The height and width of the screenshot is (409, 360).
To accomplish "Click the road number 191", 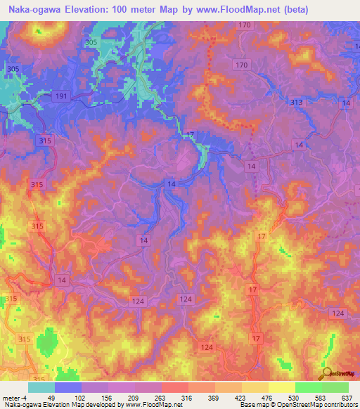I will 61,96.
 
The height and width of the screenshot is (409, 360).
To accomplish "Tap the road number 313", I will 296,103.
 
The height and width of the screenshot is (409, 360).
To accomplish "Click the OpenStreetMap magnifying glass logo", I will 327,375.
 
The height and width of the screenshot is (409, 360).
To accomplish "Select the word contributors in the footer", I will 340,405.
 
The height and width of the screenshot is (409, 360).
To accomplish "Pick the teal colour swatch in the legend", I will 41,387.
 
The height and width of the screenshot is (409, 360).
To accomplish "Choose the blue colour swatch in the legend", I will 68,387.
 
